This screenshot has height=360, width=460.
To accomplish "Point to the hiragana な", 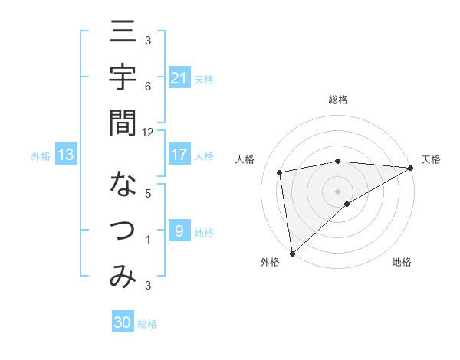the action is (x=123, y=184).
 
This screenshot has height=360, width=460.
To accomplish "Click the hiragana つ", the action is (x=123, y=230).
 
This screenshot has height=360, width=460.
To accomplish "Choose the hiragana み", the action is (x=123, y=277).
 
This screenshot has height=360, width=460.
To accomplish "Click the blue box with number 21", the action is (x=179, y=77).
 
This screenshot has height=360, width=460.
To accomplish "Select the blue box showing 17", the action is (x=179, y=155).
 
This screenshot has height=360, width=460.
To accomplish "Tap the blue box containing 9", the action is (x=179, y=231).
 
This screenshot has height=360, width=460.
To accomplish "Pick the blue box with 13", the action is (x=66, y=155).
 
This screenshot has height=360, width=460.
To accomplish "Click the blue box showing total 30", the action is (x=123, y=322).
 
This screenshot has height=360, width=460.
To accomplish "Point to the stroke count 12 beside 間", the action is (x=148, y=132).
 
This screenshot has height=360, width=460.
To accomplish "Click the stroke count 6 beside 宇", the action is (x=148, y=87).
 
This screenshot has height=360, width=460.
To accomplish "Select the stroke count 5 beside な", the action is (x=148, y=193).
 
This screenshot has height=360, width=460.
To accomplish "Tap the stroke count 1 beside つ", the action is (x=148, y=240).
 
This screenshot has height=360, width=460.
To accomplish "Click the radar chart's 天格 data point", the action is (x=411, y=168).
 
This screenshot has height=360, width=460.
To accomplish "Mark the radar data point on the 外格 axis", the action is (x=292, y=253).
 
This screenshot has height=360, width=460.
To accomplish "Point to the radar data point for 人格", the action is (x=280, y=172).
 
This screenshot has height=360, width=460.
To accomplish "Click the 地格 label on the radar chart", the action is (x=402, y=262).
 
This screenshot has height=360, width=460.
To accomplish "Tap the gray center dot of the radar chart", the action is (x=337, y=191).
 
